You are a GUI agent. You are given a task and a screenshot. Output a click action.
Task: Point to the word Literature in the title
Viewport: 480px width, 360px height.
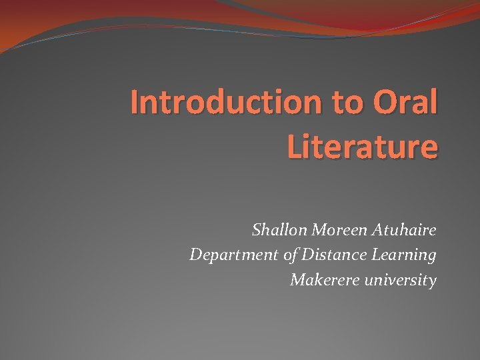363,146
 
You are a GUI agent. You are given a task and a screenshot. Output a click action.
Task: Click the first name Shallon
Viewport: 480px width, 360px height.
275,231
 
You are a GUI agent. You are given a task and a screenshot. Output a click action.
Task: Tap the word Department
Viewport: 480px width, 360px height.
228,255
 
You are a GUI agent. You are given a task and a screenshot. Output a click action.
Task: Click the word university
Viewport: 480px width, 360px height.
401,280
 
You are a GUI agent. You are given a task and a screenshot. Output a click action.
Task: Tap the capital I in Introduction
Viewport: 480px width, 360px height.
134,103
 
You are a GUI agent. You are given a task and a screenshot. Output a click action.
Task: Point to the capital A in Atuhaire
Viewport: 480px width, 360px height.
374,231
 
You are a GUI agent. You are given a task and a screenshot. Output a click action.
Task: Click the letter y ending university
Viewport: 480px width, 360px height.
432,281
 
